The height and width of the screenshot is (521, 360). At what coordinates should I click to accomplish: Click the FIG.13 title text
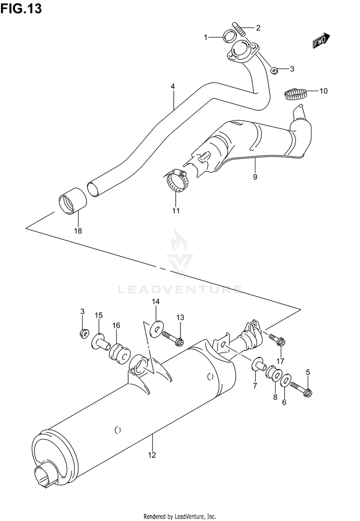click(21, 8)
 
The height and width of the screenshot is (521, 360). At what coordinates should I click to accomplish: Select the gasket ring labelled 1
click(229, 37)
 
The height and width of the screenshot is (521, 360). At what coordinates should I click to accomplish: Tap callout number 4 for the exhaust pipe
click(172, 87)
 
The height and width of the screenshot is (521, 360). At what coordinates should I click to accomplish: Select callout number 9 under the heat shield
click(255, 178)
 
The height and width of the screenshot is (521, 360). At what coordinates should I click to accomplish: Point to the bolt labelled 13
click(173, 338)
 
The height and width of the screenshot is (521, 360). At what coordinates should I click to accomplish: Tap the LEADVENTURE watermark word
click(180, 289)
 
